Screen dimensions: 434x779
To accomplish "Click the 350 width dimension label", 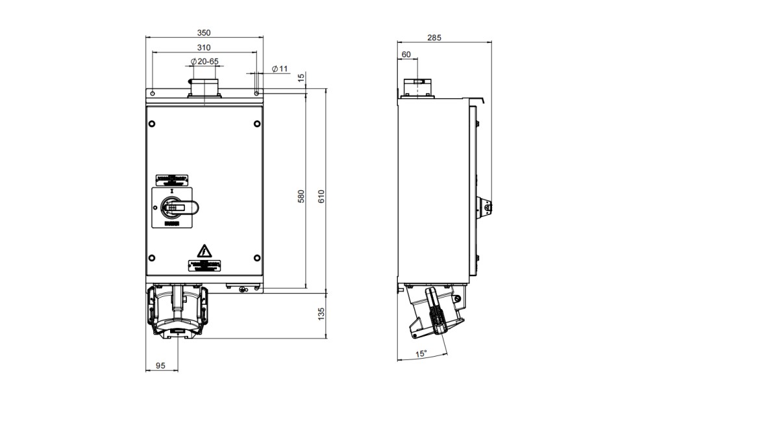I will (x=204, y=33).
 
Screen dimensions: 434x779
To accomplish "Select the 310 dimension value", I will (x=204, y=47).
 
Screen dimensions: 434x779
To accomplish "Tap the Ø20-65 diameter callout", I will (x=204, y=60).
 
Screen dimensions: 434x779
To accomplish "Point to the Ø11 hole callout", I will (x=279, y=68).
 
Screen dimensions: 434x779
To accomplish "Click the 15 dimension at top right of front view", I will (x=301, y=77).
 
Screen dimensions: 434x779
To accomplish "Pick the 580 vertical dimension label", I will (x=301, y=196).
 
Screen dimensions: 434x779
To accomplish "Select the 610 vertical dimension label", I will (x=321, y=196).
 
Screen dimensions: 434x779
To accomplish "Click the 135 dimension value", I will (x=321, y=314).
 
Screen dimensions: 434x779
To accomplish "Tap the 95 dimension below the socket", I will (x=162, y=366).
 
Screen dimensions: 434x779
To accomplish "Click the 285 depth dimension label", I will (x=434, y=38).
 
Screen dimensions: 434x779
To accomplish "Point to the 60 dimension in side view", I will (x=406, y=55).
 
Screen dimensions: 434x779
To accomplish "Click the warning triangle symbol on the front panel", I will (x=204, y=251).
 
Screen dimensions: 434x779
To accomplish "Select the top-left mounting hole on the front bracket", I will (x=153, y=94).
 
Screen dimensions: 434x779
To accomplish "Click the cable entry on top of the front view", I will (x=204, y=88).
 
